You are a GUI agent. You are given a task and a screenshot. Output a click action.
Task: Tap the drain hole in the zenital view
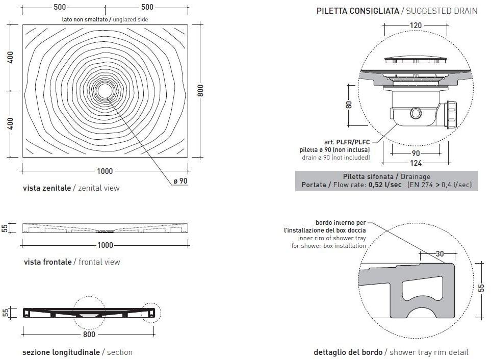point(105,91)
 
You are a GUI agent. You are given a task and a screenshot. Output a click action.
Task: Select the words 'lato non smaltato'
point(84,19)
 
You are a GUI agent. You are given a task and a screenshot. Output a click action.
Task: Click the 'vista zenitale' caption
point(47,188)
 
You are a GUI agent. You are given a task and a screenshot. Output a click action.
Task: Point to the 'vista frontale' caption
point(47,262)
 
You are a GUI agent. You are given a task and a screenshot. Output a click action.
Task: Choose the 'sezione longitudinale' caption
point(61,352)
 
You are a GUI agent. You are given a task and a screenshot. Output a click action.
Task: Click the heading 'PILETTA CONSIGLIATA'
point(357,11)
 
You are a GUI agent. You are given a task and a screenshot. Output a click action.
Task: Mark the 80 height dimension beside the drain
point(349,105)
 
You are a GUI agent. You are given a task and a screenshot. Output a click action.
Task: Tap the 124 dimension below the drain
point(416,163)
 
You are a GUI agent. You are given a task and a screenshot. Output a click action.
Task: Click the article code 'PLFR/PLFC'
point(353,142)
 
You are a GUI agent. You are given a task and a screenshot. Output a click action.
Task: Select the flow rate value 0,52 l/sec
point(385,185)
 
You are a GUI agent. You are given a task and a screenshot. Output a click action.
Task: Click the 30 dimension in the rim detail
point(440,254)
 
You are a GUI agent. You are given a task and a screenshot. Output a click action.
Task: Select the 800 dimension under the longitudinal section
point(89,335)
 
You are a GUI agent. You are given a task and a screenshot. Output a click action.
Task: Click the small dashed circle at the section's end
point(150,313)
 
